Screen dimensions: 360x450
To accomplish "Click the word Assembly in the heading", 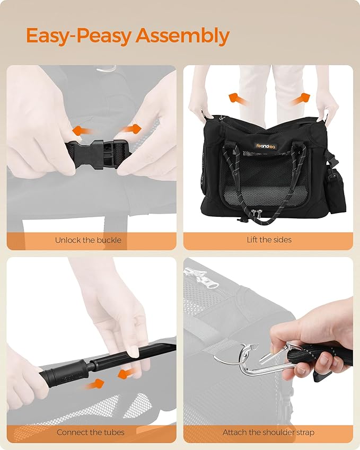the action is pyautogui.click(x=182, y=37).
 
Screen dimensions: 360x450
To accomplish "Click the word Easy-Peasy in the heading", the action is pyautogui.click(x=78, y=37).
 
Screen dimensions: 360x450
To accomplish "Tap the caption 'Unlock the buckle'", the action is pyautogui.click(x=88, y=240).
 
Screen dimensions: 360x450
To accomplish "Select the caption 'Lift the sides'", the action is pyautogui.click(x=269, y=240).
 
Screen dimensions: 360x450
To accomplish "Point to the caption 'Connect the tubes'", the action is pyautogui.click(x=91, y=432).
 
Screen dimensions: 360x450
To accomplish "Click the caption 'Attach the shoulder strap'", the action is pyautogui.click(x=268, y=432).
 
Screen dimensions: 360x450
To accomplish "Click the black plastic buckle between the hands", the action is pyautogui.click(x=96, y=154).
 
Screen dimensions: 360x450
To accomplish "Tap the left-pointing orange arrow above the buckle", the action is pyautogui.click(x=82, y=131).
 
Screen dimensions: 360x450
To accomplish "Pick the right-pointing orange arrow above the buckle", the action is pyautogui.click(x=131, y=129).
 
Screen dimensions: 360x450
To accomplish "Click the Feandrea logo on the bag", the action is pyautogui.click(x=266, y=146).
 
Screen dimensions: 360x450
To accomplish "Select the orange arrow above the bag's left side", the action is pyautogui.click(x=238, y=100).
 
